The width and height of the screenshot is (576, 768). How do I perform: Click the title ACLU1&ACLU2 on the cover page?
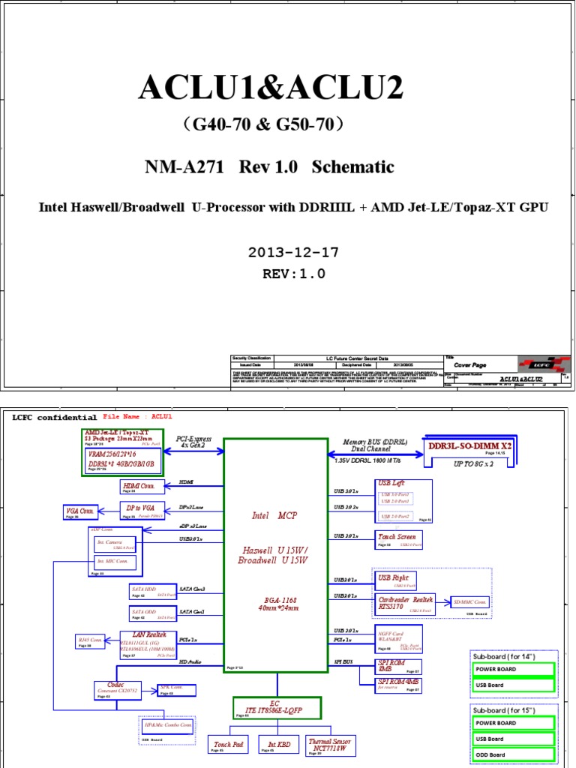271,89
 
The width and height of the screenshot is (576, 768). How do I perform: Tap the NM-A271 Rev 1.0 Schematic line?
269,167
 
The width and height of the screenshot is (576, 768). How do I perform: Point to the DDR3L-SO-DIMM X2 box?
469,448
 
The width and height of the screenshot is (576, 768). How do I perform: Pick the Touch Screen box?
398,539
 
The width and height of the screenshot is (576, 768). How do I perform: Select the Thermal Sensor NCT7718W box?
330,745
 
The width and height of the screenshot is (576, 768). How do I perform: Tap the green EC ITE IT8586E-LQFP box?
276,707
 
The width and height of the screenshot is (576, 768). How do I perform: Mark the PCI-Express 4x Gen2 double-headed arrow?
194,451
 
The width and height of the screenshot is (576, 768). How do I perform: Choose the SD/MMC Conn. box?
470,602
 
